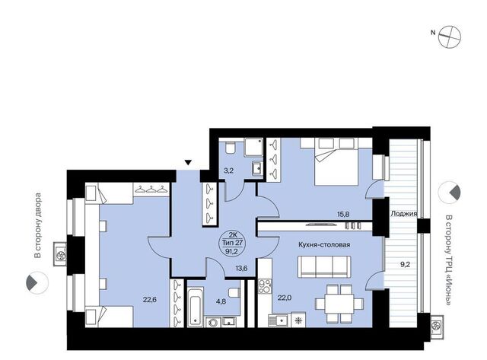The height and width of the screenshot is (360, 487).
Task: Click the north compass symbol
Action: (x=450, y=37)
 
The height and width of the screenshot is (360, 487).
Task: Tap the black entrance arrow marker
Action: (x=188, y=162)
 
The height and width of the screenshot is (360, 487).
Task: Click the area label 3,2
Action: (x=228, y=170)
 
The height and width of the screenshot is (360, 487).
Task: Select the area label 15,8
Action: (x=343, y=214)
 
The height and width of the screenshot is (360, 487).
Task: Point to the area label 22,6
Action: (x=149, y=299)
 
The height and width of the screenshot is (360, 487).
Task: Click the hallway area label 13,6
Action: (x=241, y=269)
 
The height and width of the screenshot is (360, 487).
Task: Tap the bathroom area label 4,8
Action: (x=221, y=301)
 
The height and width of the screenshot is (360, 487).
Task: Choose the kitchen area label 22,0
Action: (x=285, y=298)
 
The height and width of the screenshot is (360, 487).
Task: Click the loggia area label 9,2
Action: (x=405, y=265)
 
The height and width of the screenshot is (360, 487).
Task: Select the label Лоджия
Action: (x=403, y=214)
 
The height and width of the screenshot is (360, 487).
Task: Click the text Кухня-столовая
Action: (x=324, y=245)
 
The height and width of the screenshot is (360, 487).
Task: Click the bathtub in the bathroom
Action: (x=196, y=307)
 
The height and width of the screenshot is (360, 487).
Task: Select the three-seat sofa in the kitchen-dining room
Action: (x=324, y=266)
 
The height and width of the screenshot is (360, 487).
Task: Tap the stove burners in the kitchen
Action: (x=265, y=286)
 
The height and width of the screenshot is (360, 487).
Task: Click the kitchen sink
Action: (x=278, y=320)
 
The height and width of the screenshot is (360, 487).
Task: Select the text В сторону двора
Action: (x=37, y=226)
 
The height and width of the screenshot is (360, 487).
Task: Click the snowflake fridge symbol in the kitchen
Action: (x=298, y=320)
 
